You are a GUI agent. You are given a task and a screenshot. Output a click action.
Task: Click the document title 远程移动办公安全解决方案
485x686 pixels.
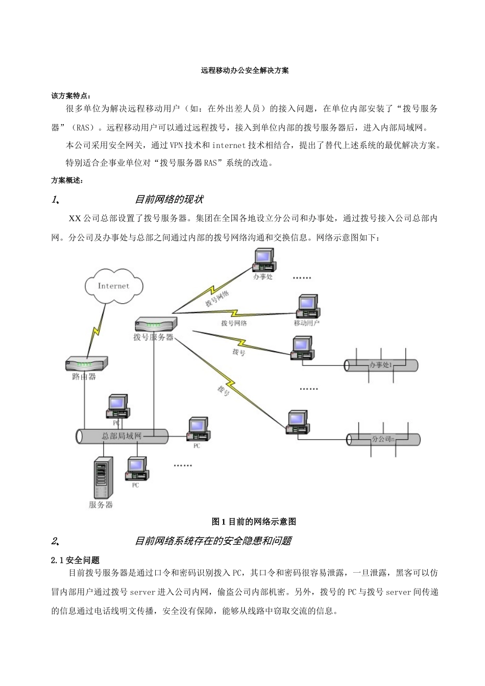point(245,70)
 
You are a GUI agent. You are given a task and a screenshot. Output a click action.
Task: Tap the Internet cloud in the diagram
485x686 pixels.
point(113,285)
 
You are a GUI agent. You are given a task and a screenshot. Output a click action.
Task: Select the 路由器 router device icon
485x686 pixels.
point(86,364)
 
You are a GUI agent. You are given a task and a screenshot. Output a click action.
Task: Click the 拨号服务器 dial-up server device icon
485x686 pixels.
point(156,324)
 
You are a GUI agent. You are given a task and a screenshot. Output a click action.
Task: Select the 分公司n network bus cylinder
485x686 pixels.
point(383,439)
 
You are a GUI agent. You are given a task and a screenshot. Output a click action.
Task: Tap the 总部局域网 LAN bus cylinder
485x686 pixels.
point(122,436)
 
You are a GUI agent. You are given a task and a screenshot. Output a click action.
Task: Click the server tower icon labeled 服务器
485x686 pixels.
point(102,478)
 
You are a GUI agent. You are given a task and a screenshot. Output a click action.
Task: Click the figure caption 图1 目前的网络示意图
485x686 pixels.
point(254,522)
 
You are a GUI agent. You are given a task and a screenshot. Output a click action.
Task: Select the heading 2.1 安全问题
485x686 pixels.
point(76,560)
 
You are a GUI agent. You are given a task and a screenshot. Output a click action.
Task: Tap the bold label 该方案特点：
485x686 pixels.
point(71,95)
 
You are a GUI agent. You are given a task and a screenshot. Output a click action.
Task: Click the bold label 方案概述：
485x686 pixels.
point(67,180)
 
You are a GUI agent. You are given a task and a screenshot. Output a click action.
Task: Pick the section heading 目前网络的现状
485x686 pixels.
point(169,199)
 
